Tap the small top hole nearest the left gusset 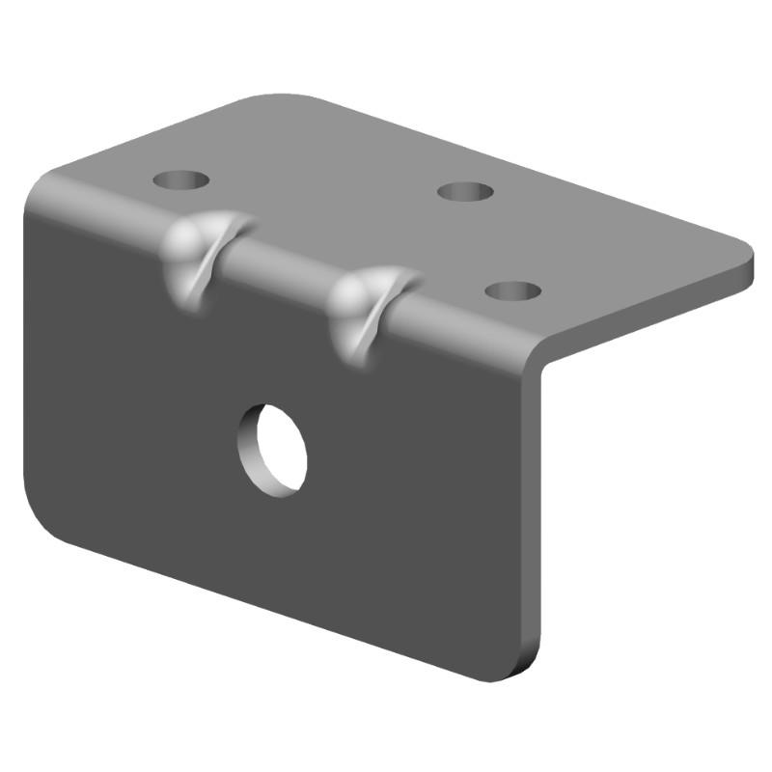point(181,179)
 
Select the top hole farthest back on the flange point(465,191)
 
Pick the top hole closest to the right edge point(512,289)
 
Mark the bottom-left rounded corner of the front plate point(48,521)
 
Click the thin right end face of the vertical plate point(534,521)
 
